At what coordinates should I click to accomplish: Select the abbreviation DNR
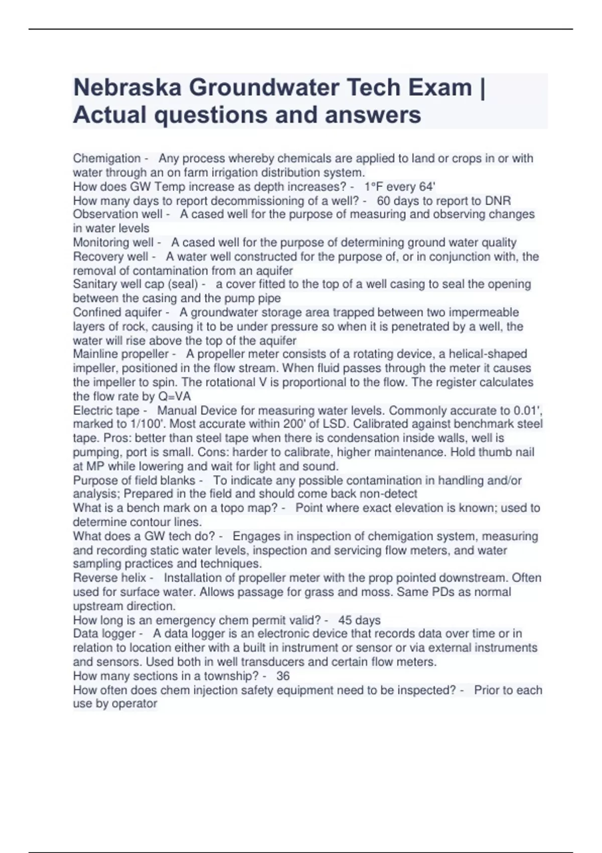498,201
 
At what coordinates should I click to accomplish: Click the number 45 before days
345,620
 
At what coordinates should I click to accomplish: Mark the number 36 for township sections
283,676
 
